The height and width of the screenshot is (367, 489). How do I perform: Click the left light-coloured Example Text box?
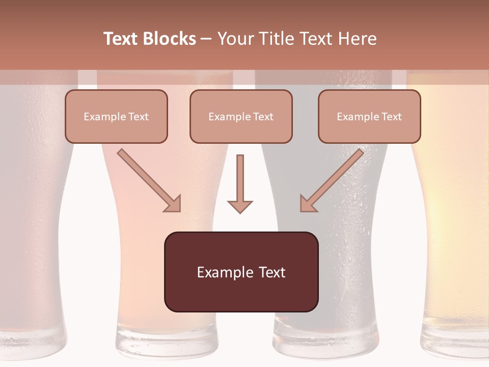pyautogui.click(x=116, y=116)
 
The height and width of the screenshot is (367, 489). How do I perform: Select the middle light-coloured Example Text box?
pyautogui.click(x=241, y=116)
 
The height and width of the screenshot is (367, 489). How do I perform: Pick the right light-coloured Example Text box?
pyautogui.click(x=369, y=116)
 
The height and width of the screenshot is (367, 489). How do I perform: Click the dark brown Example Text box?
pyautogui.click(x=241, y=272)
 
